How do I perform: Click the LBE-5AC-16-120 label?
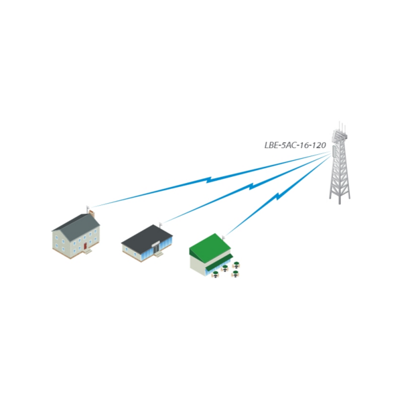[x=295, y=144]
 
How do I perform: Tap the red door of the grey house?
[x=86, y=246]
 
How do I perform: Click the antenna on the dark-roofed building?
[x=161, y=223]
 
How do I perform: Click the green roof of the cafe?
[x=209, y=247]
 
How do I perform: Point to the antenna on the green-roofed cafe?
[x=223, y=235]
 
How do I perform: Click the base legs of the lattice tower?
[x=340, y=194]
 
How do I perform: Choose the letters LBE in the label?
[x=271, y=144]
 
